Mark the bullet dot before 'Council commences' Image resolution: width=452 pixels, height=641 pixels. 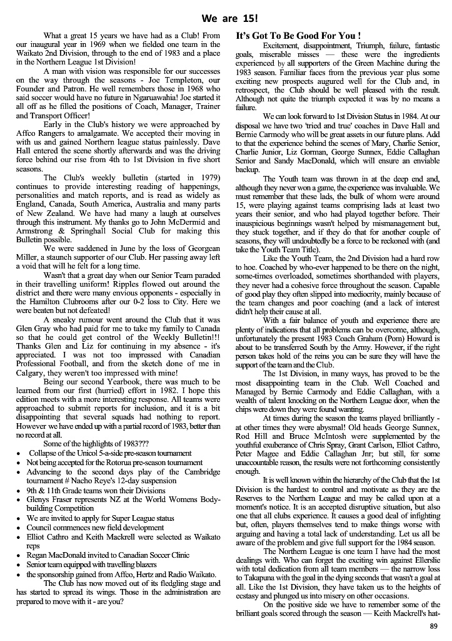pyautogui.click(x=20, y=528)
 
